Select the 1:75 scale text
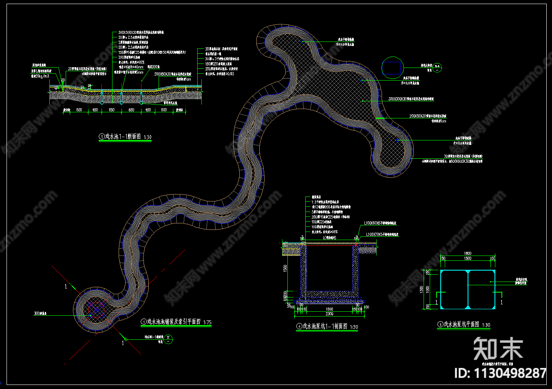click(x=207, y=322)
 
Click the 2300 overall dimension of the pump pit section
click(x=329, y=314)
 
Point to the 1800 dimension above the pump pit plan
click(x=468, y=254)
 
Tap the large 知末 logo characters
click(x=498, y=349)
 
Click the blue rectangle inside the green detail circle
click(x=392, y=68)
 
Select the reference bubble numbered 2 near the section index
click(x=169, y=339)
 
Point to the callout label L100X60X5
click(x=380, y=223)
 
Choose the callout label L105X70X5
click(x=382, y=234)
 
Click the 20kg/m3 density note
click(x=40, y=76)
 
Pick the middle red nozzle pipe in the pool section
click(x=121, y=96)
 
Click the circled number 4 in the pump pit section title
click(x=299, y=326)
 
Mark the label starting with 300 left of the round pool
click(x=40, y=314)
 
